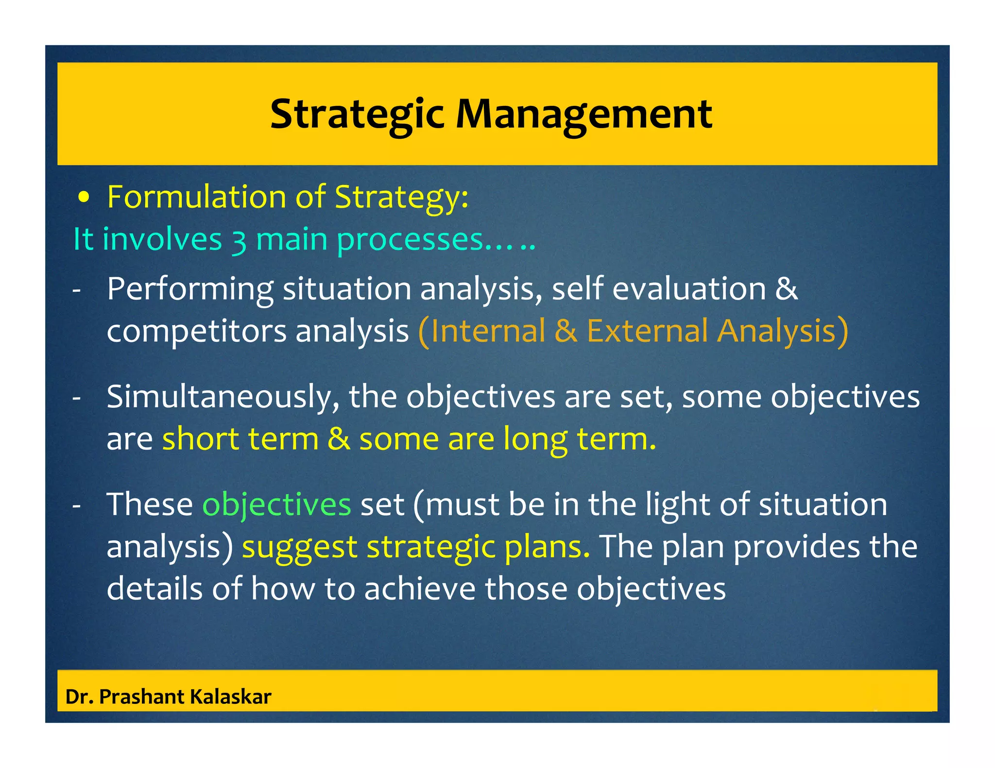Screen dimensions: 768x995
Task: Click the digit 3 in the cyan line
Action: click(238, 241)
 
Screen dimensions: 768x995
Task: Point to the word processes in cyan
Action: click(410, 241)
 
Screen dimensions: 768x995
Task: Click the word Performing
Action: click(190, 289)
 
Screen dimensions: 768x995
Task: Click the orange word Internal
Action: click(488, 332)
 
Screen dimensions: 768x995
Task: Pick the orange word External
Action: click(647, 332)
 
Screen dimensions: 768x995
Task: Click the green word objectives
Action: click(276, 505)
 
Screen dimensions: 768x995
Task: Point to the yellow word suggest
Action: click(299, 548)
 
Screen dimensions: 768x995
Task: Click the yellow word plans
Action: click(547, 548)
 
